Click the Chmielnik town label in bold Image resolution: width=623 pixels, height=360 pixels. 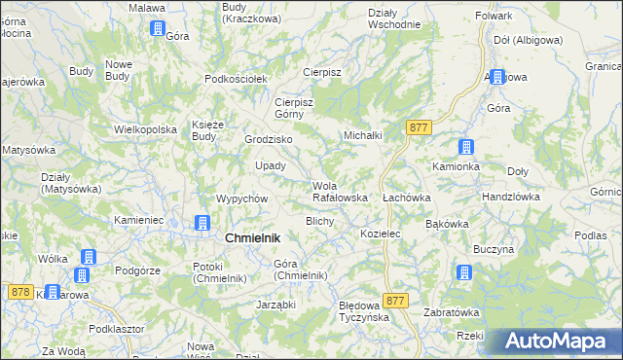(x=252, y=238)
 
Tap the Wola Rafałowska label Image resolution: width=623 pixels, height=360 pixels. (x=339, y=192)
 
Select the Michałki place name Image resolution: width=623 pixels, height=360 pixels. (x=362, y=135)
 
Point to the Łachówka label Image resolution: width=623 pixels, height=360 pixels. (x=406, y=198)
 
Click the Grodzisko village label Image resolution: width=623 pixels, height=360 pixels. (x=268, y=139)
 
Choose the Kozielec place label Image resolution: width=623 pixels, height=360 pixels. (x=381, y=234)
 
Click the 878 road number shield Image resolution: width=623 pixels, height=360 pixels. (x=19, y=291)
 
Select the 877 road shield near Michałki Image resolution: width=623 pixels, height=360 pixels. (x=420, y=127)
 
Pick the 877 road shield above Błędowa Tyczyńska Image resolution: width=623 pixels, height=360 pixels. (x=394, y=302)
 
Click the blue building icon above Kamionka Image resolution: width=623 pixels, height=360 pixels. (x=466, y=148)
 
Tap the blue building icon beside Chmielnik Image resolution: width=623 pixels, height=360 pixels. (x=202, y=223)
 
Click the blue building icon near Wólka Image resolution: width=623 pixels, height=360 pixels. (x=89, y=258)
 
